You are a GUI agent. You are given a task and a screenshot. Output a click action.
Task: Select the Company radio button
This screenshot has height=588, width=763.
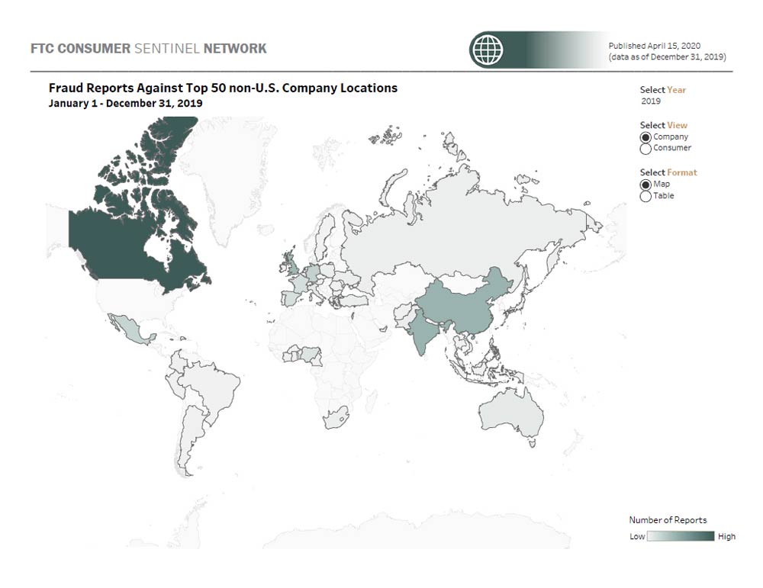pyautogui.click(x=645, y=137)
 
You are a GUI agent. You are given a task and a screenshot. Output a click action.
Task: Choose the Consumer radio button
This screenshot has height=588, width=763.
pyautogui.click(x=645, y=149)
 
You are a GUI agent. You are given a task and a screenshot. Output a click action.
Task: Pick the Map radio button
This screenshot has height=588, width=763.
pyautogui.click(x=645, y=185)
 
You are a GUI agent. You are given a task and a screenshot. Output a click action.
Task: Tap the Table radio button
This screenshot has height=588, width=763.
pyautogui.click(x=645, y=196)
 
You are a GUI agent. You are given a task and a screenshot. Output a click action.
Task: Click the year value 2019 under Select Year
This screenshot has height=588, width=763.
pyautogui.click(x=651, y=101)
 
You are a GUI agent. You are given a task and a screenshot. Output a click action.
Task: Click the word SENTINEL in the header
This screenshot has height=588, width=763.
pyautogui.click(x=167, y=49)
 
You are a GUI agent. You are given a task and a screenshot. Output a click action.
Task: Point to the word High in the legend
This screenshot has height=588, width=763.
pyautogui.click(x=726, y=537)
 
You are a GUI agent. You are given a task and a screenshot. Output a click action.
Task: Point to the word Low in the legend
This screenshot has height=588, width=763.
pyautogui.click(x=637, y=537)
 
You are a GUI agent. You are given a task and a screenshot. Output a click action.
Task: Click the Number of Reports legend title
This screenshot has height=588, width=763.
pyautogui.click(x=668, y=520)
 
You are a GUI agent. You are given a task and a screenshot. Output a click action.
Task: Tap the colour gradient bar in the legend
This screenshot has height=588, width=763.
pyautogui.click(x=681, y=537)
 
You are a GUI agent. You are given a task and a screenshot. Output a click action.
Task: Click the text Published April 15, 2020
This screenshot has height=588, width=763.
pyautogui.click(x=654, y=46)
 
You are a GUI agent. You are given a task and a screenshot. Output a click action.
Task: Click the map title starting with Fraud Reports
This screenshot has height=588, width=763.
pyautogui.click(x=223, y=88)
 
